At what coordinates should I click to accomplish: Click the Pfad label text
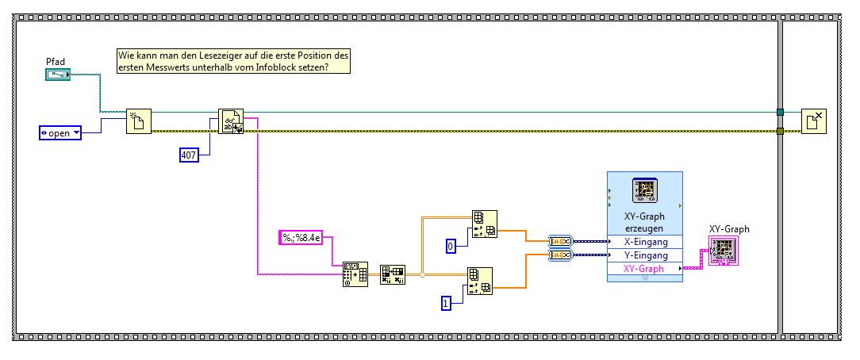tap(56, 61)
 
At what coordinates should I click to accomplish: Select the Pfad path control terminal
tap(58, 75)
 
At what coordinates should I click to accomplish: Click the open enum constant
tap(61, 132)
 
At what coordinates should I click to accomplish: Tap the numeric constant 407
tap(189, 155)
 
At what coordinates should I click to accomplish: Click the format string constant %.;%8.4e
tap(305, 236)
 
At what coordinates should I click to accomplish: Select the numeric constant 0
tap(451, 247)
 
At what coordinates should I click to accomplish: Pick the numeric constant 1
tap(447, 301)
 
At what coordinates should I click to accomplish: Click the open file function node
tap(138, 122)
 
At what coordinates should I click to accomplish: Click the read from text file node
tap(230, 122)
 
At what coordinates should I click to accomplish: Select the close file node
tap(813, 122)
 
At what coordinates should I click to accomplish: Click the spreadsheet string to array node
tap(355, 274)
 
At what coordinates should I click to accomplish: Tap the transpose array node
tap(392, 274)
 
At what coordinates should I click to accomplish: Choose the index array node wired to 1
tap(479, 280)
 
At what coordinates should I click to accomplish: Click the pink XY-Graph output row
tap(644, 269)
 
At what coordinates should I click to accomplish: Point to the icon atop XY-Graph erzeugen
tap(643, 191)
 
